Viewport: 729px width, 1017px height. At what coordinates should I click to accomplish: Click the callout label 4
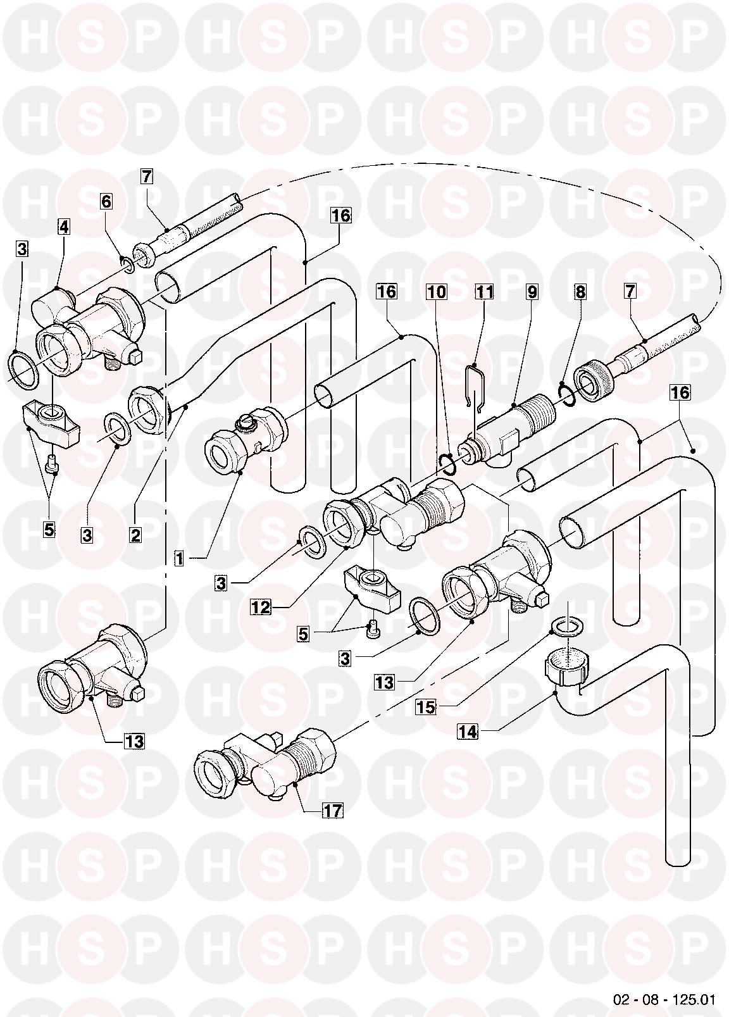coord(64,226)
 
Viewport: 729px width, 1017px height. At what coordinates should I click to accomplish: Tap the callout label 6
coord(106,201)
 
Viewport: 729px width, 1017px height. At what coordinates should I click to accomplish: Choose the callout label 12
coord(261,608)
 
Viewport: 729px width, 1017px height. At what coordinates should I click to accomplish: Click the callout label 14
coord(468,732)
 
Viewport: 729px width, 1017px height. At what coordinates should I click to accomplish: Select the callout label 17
coord(333,810)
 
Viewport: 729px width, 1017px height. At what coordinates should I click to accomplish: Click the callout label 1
coord(180,558)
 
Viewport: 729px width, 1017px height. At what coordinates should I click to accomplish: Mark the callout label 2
coord(135,535)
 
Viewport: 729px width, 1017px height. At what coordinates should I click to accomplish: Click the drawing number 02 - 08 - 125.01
coord(664,1000)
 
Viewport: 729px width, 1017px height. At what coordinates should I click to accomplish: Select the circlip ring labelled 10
coord(449,465)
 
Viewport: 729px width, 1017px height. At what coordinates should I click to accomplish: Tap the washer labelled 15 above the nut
coord(568,627)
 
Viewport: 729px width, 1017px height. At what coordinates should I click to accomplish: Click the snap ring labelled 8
coord(567,394)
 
